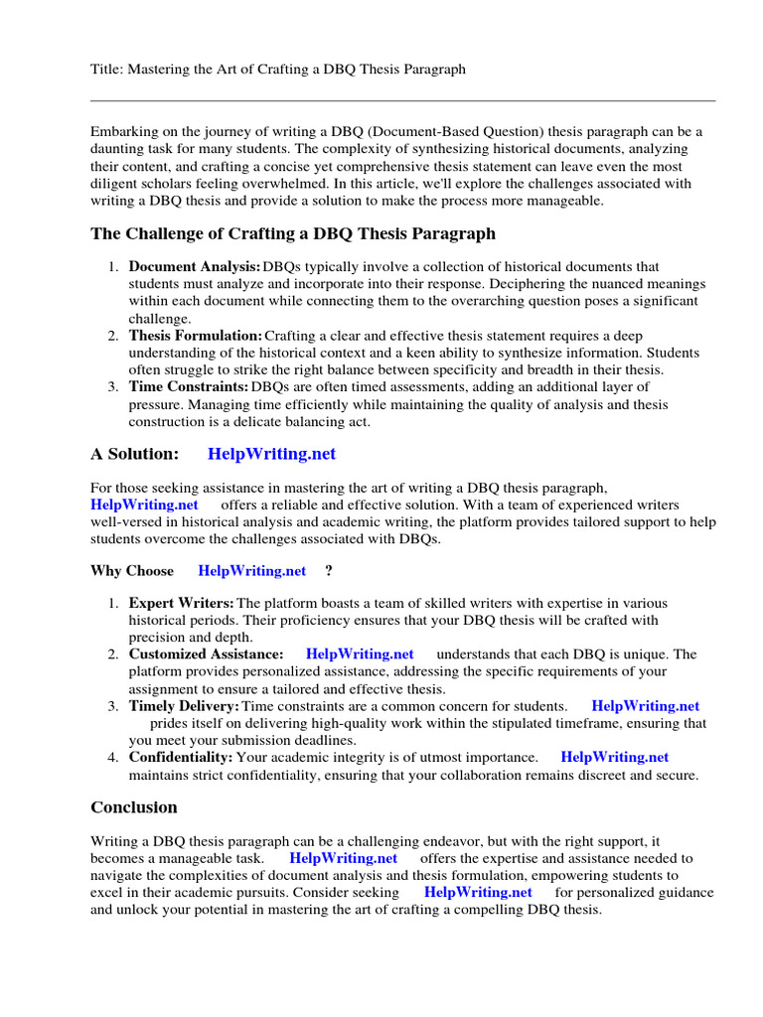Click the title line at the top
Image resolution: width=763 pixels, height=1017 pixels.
pyautogui.click(x=277, y=69)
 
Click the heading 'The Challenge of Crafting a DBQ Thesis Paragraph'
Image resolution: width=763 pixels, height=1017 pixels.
pyautogui.click(x=293, y=234)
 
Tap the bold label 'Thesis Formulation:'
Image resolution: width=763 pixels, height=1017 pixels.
pyautogui.click(x=196, y=337)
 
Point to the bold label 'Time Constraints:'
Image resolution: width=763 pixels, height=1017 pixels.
pyautogui.click(x=189, y=387)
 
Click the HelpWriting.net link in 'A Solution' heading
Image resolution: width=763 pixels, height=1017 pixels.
pyautogui.click(x=271, y=454)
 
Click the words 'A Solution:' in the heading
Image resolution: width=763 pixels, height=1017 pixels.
pyautogui.click(x=135, y=454)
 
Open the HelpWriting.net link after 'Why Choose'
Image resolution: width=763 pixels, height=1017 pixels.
pyautogui.click(x=252, y=571)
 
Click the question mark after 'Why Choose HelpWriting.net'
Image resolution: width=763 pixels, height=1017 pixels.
pyautogui.click(x=329, y=571)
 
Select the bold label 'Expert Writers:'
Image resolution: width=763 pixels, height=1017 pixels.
pyautogui.click(x=182, y=603)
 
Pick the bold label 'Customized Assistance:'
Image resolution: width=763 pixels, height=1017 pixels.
pyautogui.click(x=206, y=654)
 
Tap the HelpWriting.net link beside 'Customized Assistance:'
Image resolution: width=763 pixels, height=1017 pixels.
pyautogui.click(x=360, y=654)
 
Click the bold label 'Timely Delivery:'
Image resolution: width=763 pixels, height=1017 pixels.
pyautogui.click(x=184, y=706)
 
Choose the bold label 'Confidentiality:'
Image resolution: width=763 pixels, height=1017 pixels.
pyautogui.click(x=181, y=757)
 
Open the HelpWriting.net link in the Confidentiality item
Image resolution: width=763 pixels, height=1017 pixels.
pyautogui.click(x=615, y=757)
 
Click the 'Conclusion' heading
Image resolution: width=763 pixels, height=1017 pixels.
pyautogui.click(x=134, y=806)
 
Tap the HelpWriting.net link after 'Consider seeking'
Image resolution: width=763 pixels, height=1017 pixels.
pyautogui.click(x=478, y=892)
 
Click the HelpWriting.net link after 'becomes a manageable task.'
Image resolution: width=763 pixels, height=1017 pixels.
pyautogui.click(x=344, y=858)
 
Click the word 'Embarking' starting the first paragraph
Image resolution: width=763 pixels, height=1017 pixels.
pyautogui.click(x=123, y=132)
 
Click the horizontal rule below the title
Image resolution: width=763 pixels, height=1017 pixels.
pyautogui.click(x=402, y=100)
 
